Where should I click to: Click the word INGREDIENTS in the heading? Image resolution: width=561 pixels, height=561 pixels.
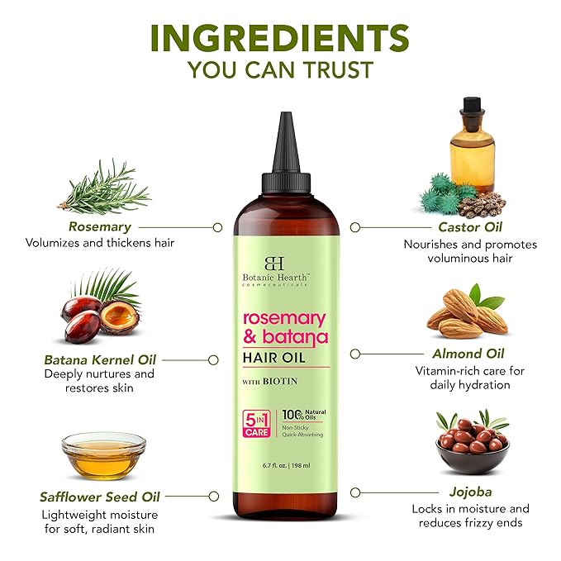279,37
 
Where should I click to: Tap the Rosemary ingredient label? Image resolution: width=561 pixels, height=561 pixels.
101,226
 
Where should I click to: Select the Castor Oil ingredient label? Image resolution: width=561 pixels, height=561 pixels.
470,226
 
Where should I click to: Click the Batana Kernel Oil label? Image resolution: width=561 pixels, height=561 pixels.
99,359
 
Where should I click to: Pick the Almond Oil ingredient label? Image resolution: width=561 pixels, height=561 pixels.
469,354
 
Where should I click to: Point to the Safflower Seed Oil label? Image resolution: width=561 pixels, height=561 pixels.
100,497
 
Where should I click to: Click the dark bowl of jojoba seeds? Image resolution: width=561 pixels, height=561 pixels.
472,446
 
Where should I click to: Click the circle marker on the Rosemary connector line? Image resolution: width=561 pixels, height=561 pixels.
217,226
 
